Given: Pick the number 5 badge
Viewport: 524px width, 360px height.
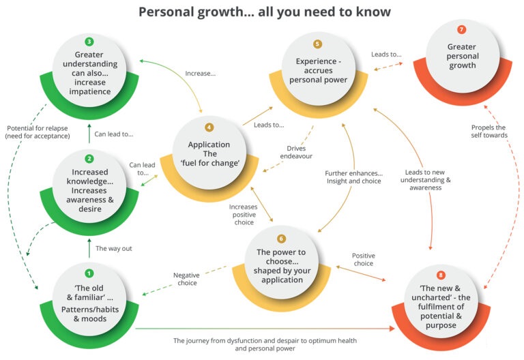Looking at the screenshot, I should point(317,44).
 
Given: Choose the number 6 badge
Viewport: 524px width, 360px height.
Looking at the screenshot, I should point(282,239).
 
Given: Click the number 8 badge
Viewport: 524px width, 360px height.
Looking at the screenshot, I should point(441,275).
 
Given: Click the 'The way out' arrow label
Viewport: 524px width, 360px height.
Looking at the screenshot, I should point(113,248).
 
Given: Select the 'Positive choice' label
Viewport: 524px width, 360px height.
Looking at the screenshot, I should point(363,259).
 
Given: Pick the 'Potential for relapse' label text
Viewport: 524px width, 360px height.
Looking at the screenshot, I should point(38,132).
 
